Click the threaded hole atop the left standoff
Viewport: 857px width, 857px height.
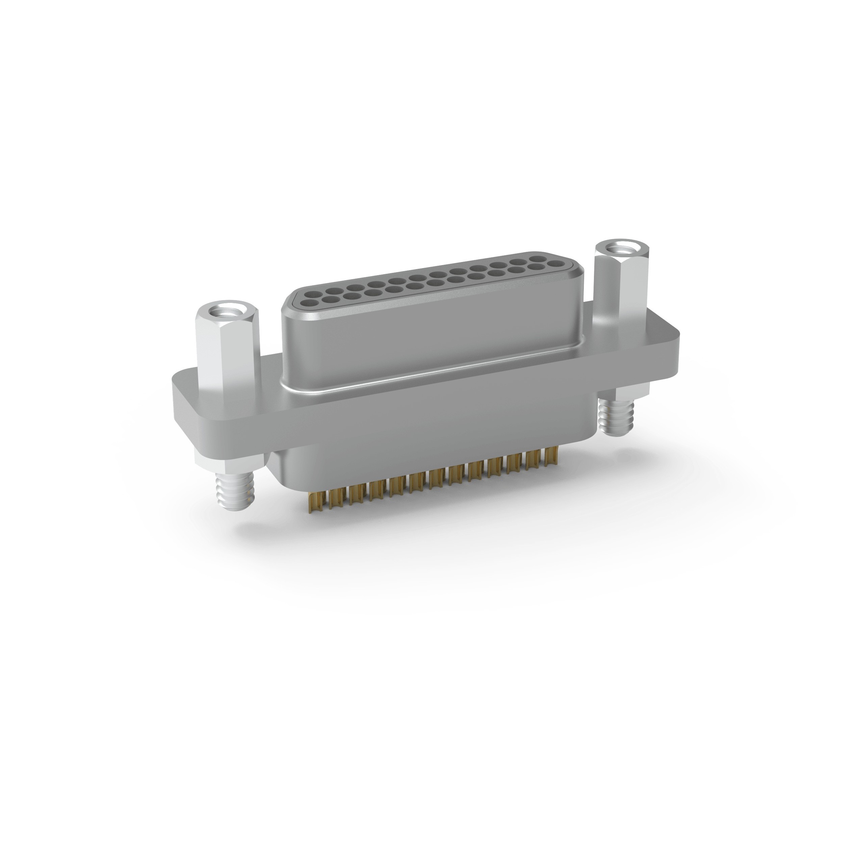pyautogui.click(x=226, y=313)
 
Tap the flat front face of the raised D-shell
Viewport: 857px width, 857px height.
pyautogui.click(x=426, y=346)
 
